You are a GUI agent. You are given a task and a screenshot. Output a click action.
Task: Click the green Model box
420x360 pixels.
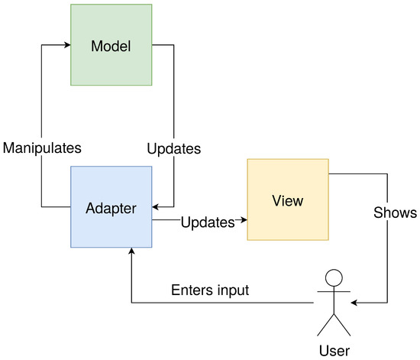click(x=111, y=45)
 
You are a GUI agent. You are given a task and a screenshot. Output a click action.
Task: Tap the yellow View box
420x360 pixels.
click(x=288, y=200)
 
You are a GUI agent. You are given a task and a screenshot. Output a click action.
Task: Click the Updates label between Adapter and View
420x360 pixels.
click(x=207, y=222)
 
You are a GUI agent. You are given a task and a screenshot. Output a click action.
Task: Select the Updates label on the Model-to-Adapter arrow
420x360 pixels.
click(x=173, y=148)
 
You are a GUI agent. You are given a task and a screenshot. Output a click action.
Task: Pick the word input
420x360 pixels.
click(x=233, y=291)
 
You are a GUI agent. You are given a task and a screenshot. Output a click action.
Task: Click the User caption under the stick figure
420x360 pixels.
click(x=333, y=350)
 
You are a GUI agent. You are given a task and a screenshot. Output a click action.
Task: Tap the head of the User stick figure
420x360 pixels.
click(x=333, y=277)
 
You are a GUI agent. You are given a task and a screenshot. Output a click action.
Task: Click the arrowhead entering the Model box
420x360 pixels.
click(x=66, y=45)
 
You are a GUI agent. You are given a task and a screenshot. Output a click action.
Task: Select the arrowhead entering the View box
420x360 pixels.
click(x=244, y=222)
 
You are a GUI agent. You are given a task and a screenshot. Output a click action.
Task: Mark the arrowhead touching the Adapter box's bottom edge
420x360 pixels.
click(x=131, y=252)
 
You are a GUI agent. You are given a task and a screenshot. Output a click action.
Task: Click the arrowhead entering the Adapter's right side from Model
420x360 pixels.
click(x=156, y=206)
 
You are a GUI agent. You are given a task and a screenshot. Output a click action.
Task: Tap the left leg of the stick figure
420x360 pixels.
click(x=325, y=326)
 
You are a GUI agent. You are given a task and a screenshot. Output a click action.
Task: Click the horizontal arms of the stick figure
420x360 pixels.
click(x=333, y=292)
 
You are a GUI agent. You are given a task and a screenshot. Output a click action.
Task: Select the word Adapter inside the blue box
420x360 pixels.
click(x=111, y=206)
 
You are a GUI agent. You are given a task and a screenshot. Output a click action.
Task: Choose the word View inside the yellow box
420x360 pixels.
click(x=288, y=201)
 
